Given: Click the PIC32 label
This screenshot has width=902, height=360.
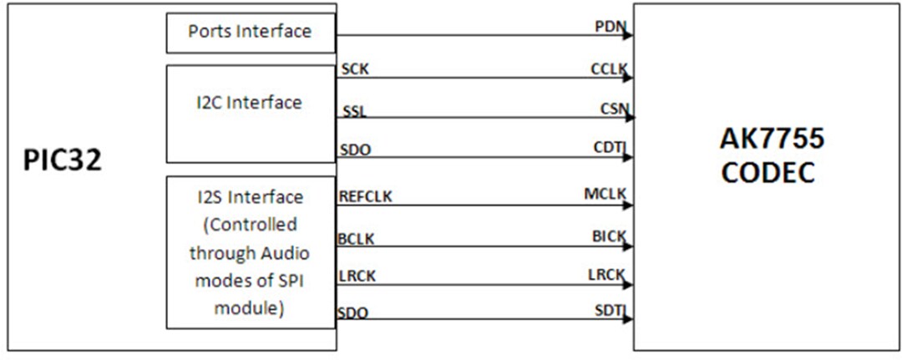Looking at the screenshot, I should coord(62,160).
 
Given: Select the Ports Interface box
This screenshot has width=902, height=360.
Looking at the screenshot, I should coord(251,33).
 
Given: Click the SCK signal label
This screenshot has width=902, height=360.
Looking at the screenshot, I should coord(354,70).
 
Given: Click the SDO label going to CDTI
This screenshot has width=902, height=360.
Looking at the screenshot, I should coord(354,150).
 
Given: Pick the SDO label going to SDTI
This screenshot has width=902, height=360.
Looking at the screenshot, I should coord(352,313).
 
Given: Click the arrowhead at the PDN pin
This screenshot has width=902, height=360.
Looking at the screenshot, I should coord(628,36).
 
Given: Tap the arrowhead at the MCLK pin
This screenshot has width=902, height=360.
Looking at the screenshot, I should coord(628,205).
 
